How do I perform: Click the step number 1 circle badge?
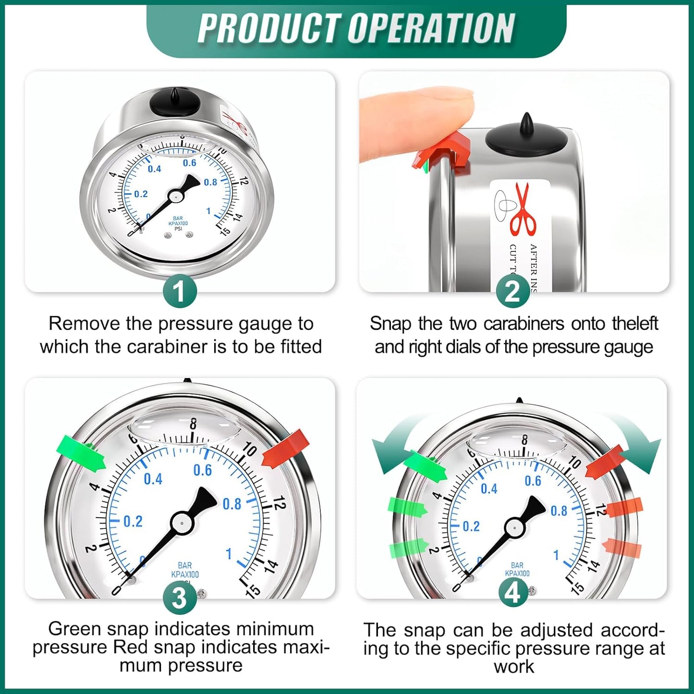click(x=180, y=292)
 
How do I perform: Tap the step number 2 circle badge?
click(x=513, y=292)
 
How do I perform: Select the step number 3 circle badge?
click(x=180, y=598)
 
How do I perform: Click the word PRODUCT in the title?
click(x=269, y=29)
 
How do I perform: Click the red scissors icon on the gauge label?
click(x=524, y=209)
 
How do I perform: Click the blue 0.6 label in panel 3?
click(x=202, y=471)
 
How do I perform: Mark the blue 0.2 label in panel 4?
click(x=471, y=526)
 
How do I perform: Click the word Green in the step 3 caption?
click(x=74, y=629)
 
